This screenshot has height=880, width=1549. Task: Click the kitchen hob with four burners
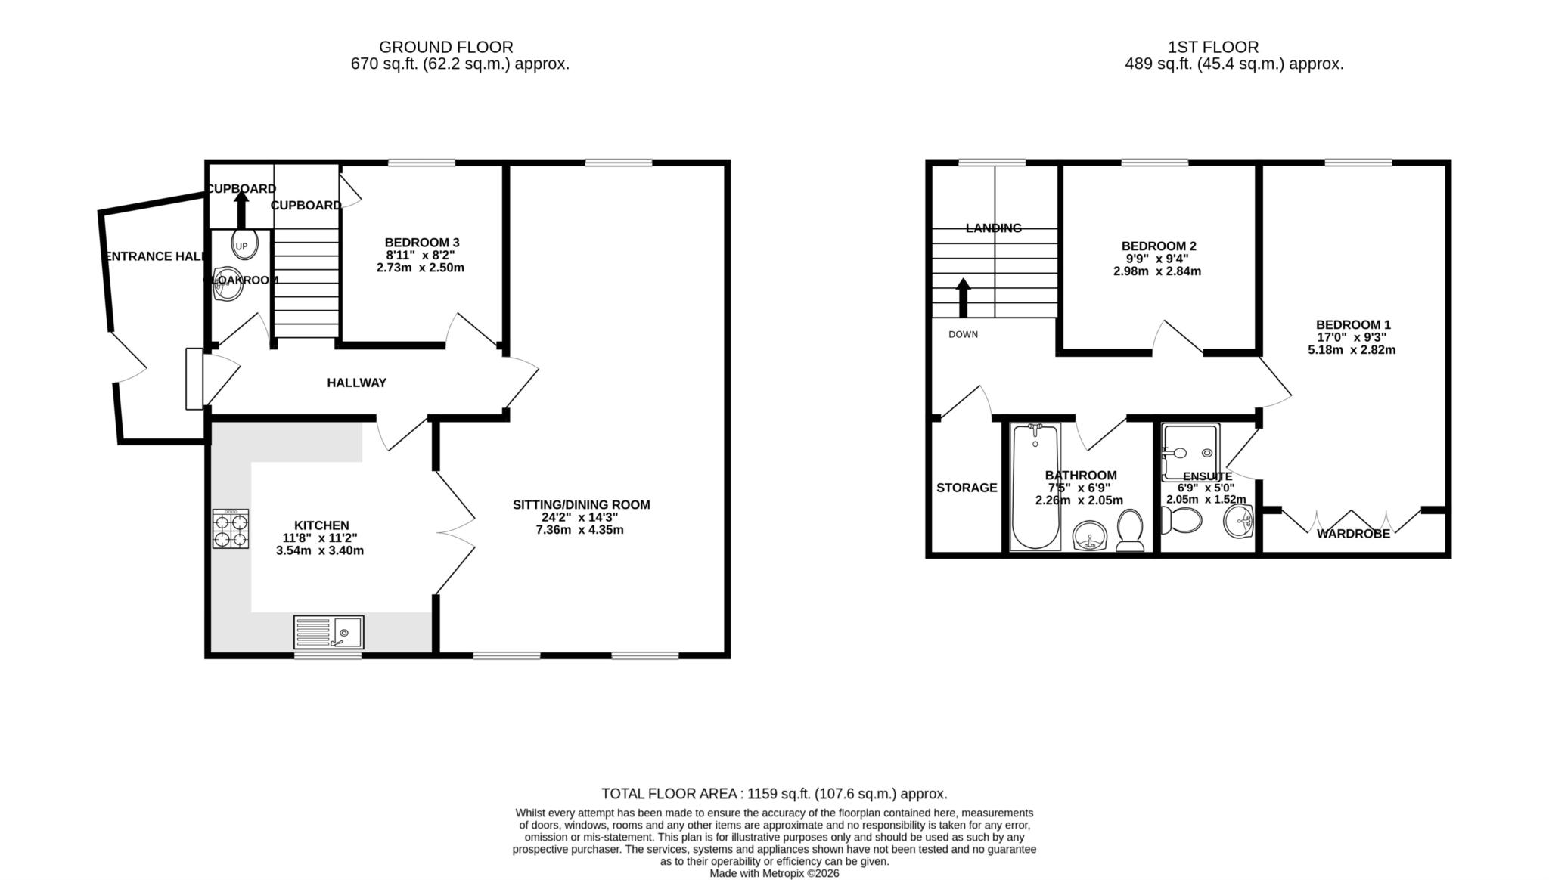point(231,528)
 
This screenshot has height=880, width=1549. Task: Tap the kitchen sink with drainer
point(329,632)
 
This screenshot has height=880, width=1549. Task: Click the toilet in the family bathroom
point(1130,530)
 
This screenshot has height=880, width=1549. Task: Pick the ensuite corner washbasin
point(1239,521)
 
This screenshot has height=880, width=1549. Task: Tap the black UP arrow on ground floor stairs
point(241,209)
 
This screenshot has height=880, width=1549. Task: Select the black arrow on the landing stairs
point(963,298)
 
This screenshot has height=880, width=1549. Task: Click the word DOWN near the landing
point(963,334)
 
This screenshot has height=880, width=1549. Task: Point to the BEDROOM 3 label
point(421,242)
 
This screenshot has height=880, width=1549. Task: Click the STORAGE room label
point(966,488)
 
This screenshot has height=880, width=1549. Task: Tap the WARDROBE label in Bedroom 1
point(1353,534)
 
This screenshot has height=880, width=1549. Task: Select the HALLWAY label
point(356,383)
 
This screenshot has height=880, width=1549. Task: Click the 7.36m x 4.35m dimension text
point(579,529)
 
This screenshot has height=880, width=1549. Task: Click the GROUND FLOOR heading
point(445,47)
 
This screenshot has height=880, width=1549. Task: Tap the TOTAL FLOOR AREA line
point(774,793)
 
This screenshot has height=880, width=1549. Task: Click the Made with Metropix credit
point(774,873)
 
